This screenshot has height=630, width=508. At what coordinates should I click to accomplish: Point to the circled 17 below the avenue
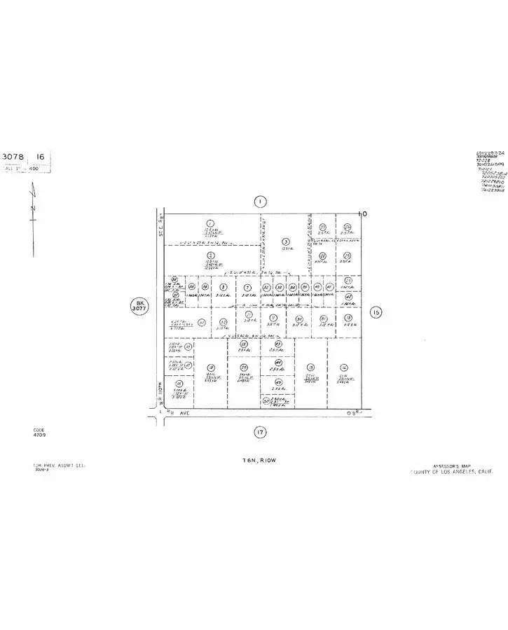(x=260, y=433)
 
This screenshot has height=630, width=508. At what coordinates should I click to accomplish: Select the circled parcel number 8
(x=223, y=287)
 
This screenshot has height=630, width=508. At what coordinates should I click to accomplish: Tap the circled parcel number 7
(x=247, y=287)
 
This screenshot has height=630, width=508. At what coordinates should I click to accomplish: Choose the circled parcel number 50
(x=266, y=401)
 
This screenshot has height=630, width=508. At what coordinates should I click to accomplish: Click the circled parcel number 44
(x=278, y=362)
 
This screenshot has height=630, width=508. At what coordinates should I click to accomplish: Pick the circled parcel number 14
(x=343, y=367)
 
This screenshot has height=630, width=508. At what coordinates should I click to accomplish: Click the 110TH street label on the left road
(x=160, y=387)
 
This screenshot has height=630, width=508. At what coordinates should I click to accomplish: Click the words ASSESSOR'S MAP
(x=454, y=465)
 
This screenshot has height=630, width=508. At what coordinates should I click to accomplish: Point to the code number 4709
(x=39, y=435)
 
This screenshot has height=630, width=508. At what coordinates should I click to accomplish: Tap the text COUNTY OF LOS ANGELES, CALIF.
(x=452, y=472)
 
